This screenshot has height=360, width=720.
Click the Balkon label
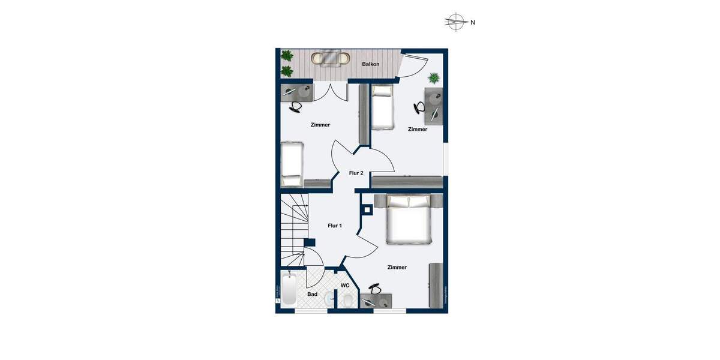[371, 64]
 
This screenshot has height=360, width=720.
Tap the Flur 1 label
[335, 226]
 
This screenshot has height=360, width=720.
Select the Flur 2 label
[356, 173]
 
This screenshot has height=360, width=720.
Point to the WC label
[345, 286]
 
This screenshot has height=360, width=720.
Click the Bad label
[313, 294]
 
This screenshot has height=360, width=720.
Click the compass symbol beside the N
[456, 22]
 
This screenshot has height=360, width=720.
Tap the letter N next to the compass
[473, 23]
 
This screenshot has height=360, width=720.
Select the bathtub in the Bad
[289, 290]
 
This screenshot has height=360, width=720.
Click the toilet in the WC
[329, 299]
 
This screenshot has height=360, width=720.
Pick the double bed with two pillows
[409, 221]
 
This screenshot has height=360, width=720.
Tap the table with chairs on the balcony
[330, 59]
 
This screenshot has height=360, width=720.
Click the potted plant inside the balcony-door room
[433, 78]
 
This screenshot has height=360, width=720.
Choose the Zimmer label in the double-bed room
[397, 267]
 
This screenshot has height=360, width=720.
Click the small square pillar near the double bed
[367, 210]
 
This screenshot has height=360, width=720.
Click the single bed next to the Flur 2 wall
[383, 107]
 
